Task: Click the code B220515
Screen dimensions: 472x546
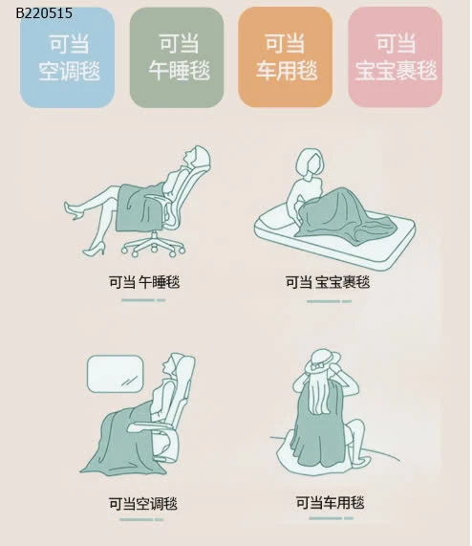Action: pos(44,13)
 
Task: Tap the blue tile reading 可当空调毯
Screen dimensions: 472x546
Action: pos(68,57)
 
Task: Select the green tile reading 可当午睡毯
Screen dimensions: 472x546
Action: pos(177,57)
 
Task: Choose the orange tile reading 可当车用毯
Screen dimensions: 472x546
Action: pos(286,57)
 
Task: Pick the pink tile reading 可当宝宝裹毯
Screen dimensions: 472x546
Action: pos(396,57)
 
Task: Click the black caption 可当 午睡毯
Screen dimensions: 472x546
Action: pos(144,282)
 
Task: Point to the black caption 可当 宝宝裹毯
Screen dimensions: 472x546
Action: pos(328,282)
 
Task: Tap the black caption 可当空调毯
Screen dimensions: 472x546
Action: pos(143,504)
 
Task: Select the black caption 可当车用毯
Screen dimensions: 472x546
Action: pos(330,502)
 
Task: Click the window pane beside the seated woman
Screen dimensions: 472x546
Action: pos(115,374)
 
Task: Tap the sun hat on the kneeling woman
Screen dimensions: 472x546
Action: pos(322,360)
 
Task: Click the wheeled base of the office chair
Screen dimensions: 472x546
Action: pos(154,245)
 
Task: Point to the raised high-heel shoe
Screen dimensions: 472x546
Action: pos(73,210)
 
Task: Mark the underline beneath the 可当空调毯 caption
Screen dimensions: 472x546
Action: pos(141,519)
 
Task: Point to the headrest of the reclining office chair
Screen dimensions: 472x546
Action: pos(204,159)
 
